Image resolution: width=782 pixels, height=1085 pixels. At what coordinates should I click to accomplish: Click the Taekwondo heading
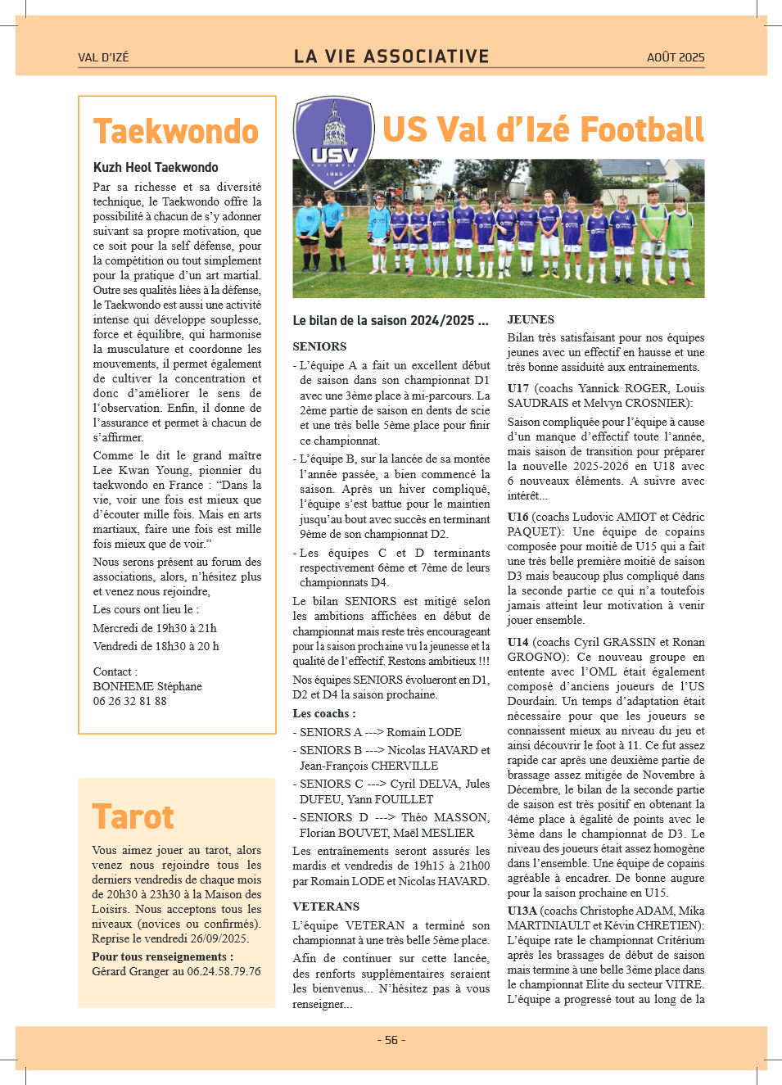[x=175, y=132]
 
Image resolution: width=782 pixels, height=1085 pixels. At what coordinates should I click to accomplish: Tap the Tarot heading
[x=133, y=817]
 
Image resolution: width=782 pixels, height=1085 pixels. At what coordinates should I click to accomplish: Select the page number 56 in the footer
[x=391, y=1040]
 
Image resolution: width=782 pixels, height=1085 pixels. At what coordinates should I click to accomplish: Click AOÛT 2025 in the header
[x=675, y=57]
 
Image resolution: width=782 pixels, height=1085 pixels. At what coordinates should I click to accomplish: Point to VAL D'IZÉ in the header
[x=103, y=57]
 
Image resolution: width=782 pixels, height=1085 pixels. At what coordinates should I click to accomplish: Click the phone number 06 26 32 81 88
[x=129, y=701]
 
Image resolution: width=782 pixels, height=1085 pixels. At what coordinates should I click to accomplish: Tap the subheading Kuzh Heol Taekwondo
[x=156, y=167]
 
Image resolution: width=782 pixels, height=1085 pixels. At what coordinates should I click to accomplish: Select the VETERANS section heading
[x=326, y=906]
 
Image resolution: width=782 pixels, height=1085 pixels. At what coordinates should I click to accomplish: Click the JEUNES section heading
[x=531, y=319]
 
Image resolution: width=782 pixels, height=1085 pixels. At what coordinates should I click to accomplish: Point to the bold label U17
[x=518, y=388]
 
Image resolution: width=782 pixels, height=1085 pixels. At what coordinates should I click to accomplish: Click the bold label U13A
[x=522, y=911]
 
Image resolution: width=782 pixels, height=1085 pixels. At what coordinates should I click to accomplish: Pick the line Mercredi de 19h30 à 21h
[x=155, y=628]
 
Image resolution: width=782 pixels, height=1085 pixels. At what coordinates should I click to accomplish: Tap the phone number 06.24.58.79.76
[x=224, y=971]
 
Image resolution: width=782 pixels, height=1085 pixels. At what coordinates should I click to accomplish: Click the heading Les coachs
[x=324, y=713]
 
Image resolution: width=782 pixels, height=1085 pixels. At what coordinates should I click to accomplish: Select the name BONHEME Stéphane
[x=147, y=686]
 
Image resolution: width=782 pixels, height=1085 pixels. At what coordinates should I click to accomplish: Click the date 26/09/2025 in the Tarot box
[x=219, y=938]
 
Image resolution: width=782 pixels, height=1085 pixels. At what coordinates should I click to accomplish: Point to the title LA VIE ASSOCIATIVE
[x=391, y=57]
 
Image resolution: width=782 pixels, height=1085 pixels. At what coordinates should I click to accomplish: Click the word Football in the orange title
[x=641, y=130]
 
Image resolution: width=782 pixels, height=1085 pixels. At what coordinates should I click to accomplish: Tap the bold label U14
[x=518, y=642]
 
